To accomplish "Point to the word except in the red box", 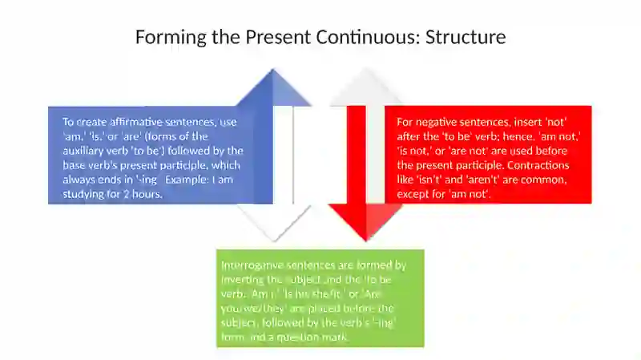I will [413, 194].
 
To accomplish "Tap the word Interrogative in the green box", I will [252, 265].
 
